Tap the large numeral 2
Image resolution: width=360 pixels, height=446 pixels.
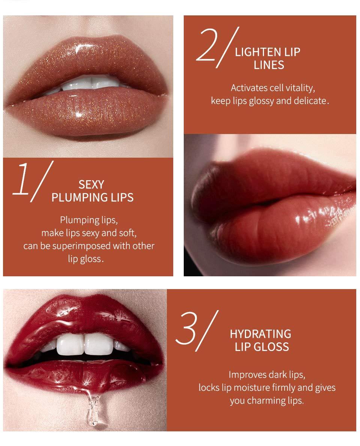pos(208,47)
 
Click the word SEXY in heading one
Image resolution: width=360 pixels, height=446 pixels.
pos(91,185)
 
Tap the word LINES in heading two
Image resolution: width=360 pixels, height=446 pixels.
pos(269,65)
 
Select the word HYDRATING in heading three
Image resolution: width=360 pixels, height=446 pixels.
pos(260,333)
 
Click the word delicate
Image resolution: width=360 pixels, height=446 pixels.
pos(311,101)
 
